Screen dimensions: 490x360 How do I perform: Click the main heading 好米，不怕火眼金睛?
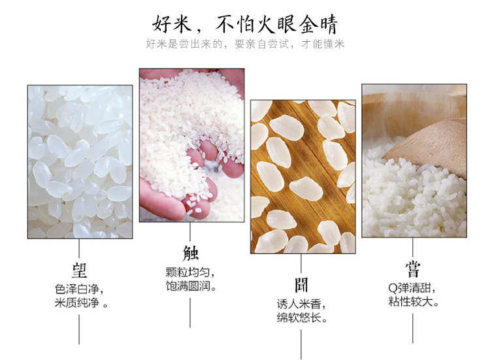[x=245, y=24]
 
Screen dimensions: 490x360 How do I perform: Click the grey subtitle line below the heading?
[x=245, y=44]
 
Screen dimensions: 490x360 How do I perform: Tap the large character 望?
[x=79, y=270]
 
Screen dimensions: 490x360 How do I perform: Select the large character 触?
[x=190, y=253]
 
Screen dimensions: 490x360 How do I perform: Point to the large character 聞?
[x=301, y=285]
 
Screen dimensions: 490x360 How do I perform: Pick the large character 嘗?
[x=412, y=269]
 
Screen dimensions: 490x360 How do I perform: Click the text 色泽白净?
[x=76, y=289]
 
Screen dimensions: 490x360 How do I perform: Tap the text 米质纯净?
[x=76, y=303]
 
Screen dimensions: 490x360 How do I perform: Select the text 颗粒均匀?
[x=188, y=272]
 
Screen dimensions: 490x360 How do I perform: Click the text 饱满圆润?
[x=188, y=286]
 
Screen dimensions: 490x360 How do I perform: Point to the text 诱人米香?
[x=299, y=304]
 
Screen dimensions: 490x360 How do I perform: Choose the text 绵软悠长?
[x=299, y=318]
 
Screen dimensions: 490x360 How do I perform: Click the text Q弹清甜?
[x=410, y=288]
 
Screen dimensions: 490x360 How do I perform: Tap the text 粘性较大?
[x=410, y=302]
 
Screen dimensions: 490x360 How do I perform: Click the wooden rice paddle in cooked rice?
[x=431, y=147]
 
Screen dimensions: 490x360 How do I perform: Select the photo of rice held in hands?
[x=191, y=145]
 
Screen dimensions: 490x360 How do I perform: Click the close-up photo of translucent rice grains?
[x=80, y=161]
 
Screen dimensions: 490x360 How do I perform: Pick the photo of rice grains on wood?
[x=302, y=176]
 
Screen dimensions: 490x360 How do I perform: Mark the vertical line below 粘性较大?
[x=412, y=329]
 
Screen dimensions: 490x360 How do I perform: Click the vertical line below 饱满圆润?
[x=190, y=312]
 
